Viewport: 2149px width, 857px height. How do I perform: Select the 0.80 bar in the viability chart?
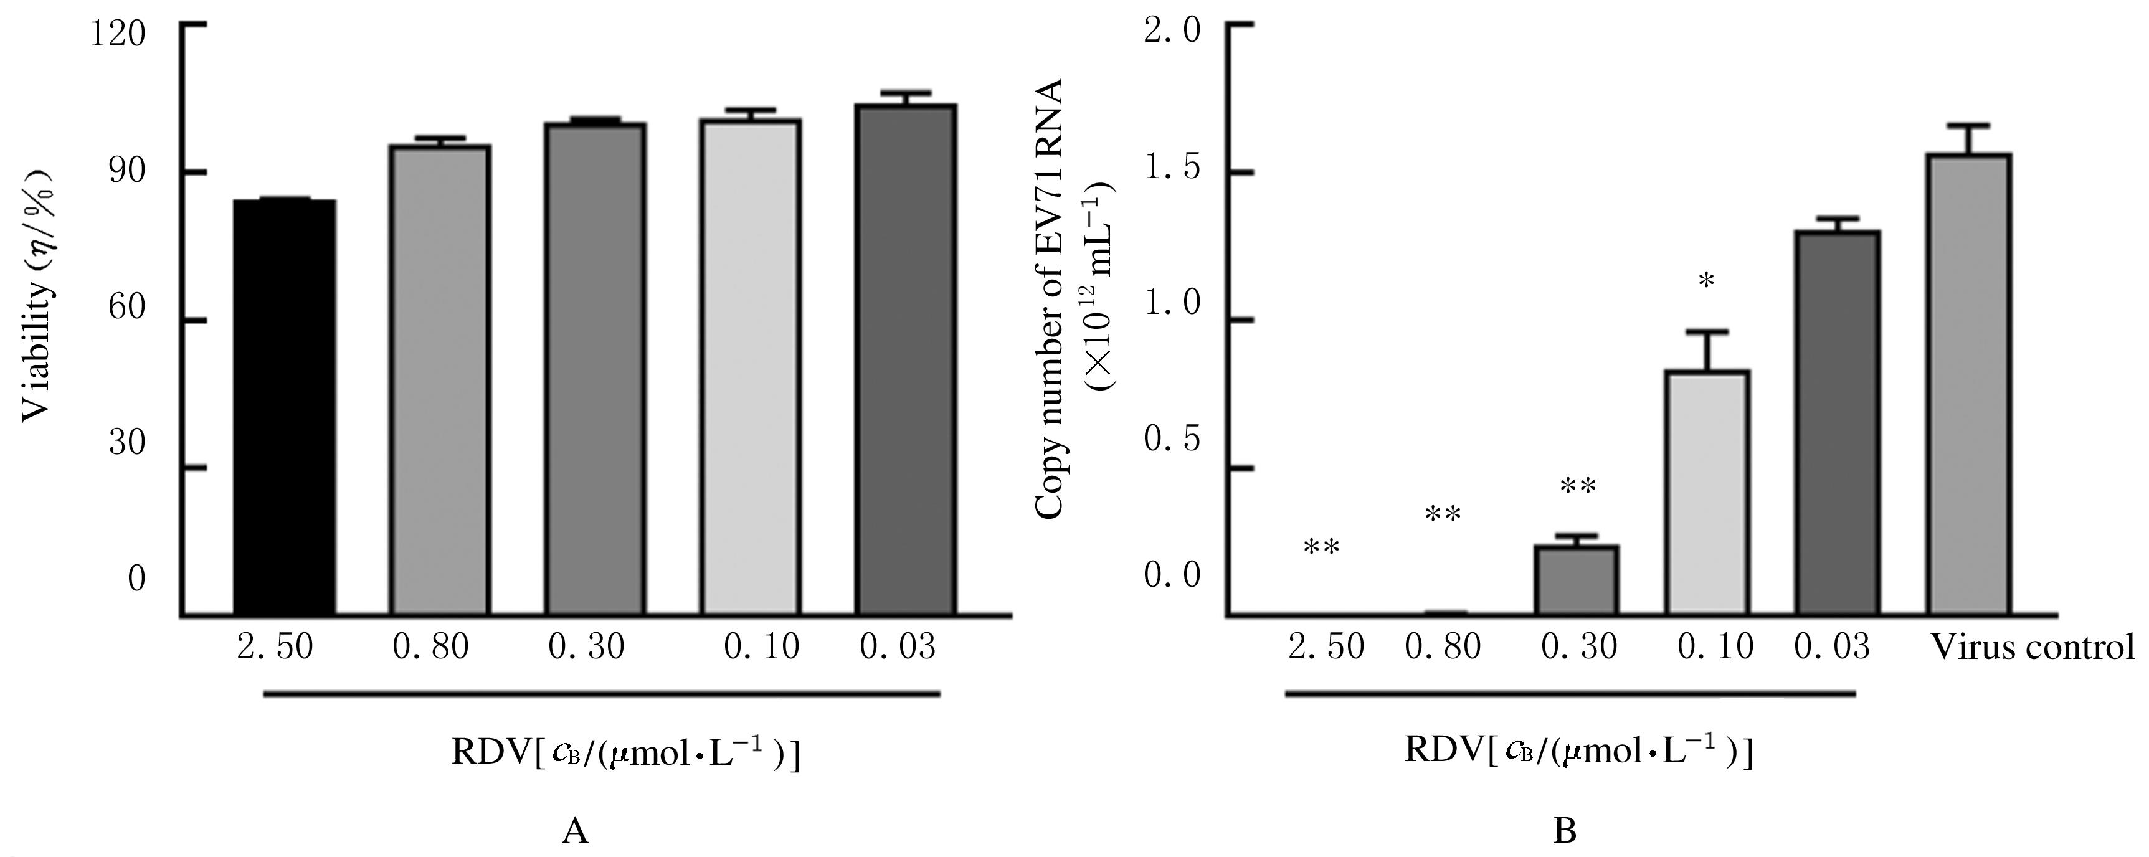pos(440,381)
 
